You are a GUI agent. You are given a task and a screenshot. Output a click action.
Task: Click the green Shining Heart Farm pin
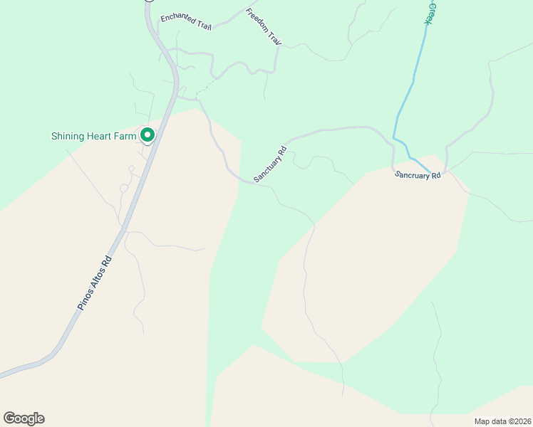pos(148,134)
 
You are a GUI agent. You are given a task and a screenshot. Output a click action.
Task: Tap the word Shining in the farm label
pos(68,136)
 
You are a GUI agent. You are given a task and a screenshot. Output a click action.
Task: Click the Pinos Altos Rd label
pos(95,283)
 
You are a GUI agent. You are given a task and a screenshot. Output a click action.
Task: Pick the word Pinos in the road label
pos(85,300)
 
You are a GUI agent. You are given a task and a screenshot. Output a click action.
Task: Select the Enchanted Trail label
pos(187,21)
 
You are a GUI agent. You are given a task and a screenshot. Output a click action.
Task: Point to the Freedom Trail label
pos(264,28)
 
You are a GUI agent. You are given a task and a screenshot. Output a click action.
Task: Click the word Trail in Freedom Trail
pos(275,40)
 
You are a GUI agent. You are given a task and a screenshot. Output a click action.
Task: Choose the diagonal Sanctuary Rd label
pos(271,164)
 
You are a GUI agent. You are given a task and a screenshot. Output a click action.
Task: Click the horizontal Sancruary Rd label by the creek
pos(418,175)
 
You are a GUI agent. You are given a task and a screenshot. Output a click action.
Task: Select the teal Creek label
pos(429,13)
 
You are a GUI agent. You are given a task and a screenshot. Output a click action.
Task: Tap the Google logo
pos(24,418)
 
